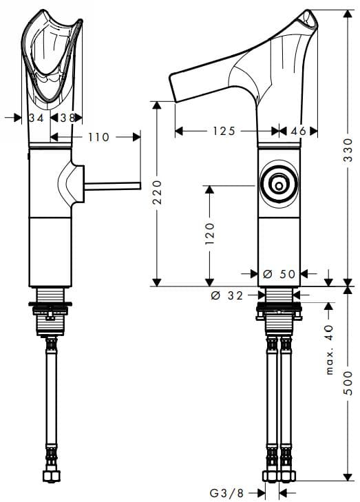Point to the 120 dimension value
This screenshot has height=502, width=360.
point(210,233)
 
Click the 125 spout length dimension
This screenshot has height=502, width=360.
point(224,131)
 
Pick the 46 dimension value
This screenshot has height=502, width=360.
point(299,131)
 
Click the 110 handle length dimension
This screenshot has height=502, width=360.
point(98,137)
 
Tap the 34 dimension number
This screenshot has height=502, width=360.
point(37,118)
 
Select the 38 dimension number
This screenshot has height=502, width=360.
point(67,118)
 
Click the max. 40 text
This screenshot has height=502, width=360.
point(330,350)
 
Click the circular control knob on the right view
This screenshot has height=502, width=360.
point(279,185)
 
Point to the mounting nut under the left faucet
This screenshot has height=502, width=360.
point(50,306)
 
